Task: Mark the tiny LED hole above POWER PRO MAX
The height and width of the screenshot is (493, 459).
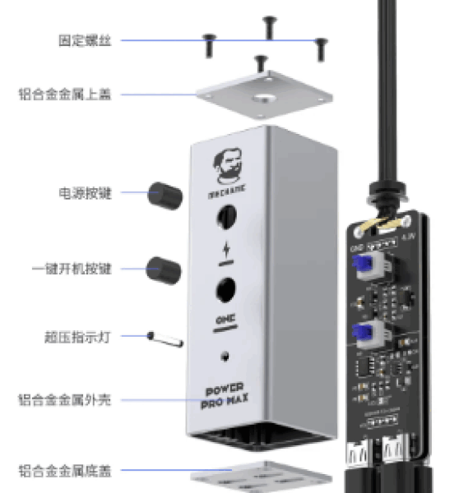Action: (225, 357)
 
